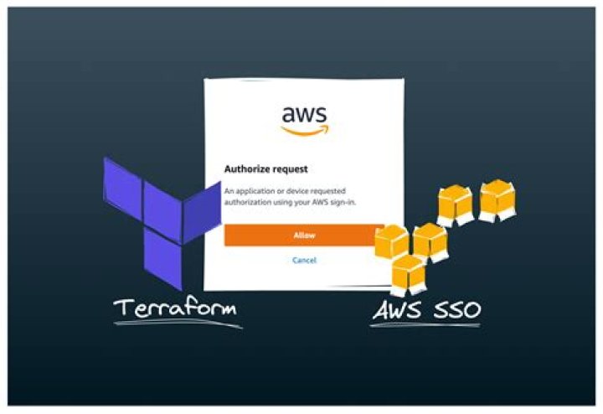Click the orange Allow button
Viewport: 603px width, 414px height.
pos(303,235)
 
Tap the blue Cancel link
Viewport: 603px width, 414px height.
pos(304,261)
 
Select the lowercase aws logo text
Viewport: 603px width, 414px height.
pos(304,113)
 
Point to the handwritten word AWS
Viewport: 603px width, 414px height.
pos(397,311)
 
